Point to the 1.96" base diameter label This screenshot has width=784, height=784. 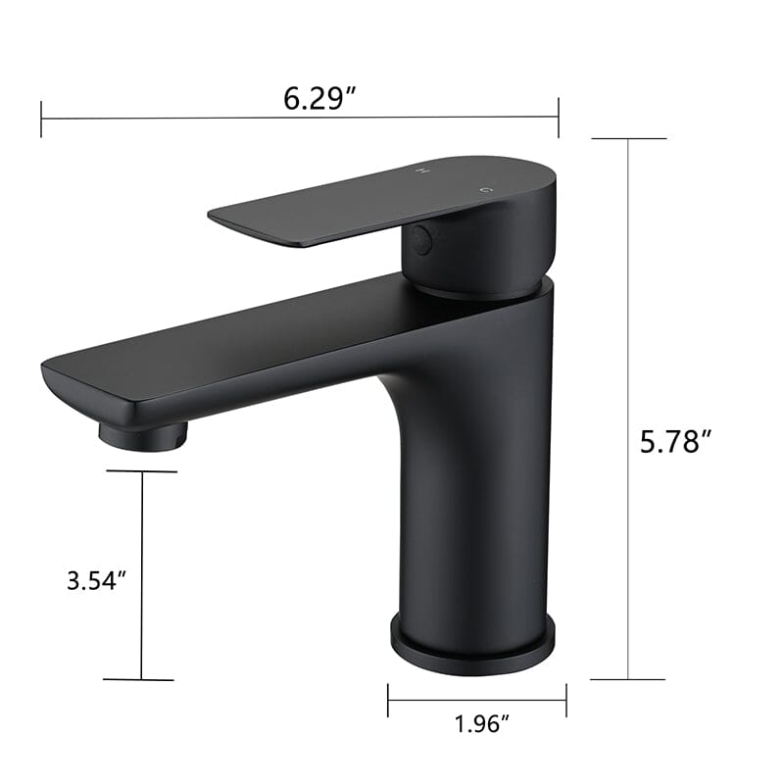(x=482, y=725)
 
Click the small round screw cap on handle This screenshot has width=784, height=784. (x=422, y=239)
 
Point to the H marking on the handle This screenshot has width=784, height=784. (x=423, y=171)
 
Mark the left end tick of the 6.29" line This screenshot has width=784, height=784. (x=41, y=119)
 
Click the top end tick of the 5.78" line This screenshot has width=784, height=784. (x=627, y=138)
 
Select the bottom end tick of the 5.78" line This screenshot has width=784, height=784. (x=627, y=678)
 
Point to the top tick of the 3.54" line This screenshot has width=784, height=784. (x=142, y=471)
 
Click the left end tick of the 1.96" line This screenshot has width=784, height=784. (x=388, y=700)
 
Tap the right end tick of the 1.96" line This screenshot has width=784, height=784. (x=565, y=700)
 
